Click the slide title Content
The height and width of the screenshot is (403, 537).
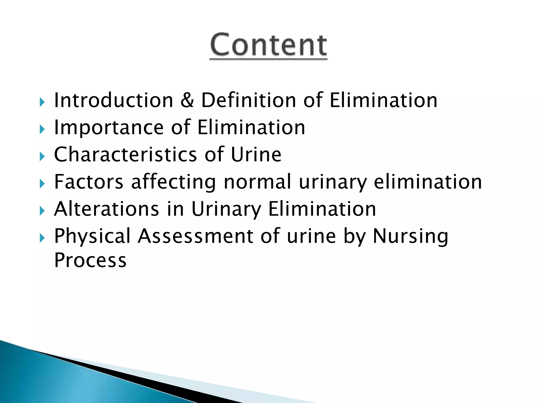click(x=268, y=45)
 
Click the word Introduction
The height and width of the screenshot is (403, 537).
click(x=114, y=100)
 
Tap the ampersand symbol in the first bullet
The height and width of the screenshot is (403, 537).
click(x=187, y=100)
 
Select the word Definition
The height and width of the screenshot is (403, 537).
click(x=249, y=100)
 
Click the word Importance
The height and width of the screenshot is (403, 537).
click(x=109, y=128)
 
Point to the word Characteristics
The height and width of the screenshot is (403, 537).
click(x=125, y=155)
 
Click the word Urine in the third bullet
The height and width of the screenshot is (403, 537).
click(x=256, y=155)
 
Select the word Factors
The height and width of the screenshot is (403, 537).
click(x=89, y=182)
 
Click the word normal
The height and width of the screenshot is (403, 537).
click(x=257, y=182)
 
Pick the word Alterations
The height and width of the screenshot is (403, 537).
click(x=106, y=209)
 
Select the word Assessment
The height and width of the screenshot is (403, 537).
click(x=196, y=236)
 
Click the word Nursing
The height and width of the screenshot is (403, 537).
click(x=410, y=236)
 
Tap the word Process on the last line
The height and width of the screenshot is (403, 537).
click(x=90, y=260)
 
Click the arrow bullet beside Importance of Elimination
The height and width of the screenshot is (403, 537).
click(x=42, y=129)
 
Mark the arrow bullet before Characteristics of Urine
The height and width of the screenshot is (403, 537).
click(x=42, y=157)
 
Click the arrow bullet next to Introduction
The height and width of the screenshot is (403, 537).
click(x=42, y=102)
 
